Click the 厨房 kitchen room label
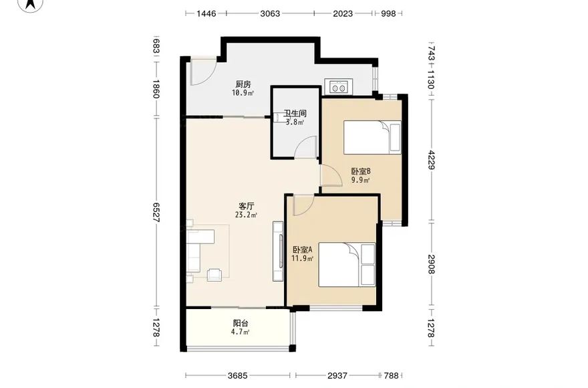click(x=243, y=84)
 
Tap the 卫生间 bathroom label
click(x=294, y=114)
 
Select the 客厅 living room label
click(x=246, y=207)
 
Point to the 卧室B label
click(x=361, y=171)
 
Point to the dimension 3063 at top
click(x=270, y=13)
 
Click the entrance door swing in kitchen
click(x=200, y=72)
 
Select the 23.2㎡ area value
click(x=246, y=215)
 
